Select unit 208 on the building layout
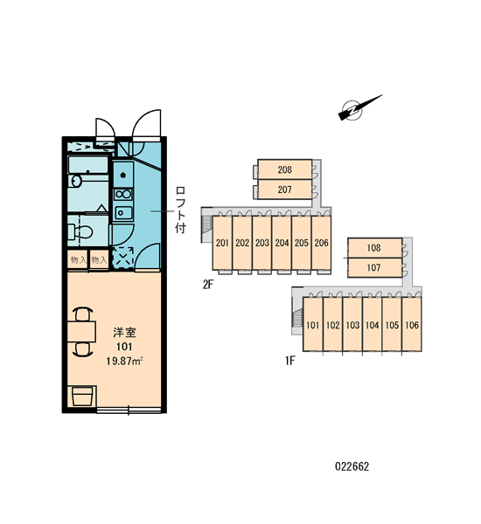pyautogui.click(x=284, y=169)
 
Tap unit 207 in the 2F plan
pyautogui.click(x=284, y=190)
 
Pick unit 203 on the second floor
pyautogui.click(x=262, y=243)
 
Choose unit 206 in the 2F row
pyautogui.click(x=321, y=243)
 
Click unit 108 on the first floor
pyautogui.click(x=374, y=248)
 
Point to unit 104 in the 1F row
pyautogui.click(x=372, y=325)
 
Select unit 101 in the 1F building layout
pyautogui.click(x=313, y=325)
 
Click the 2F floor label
pyautogui.click(x=208, y=285)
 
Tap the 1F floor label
pyautogui.click(x=289, y=361)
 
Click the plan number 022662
pyautogui.click(x=352, y=466)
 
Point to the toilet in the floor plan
pyautogui.click(x=80, y=232)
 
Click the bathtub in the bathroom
pyautogui.click(x=88, y=165)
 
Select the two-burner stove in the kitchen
pyautogui.click(x=123, y=194)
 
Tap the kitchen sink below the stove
pyautogui.click(x=123, y=212)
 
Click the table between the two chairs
pyautogui.click(x=81, y=331)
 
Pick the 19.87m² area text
pyautogui.click(x=124, y=361)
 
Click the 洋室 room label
pyautogui.click(x=124, y=333)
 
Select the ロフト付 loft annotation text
pyautogui.click(x=180, y=210)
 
